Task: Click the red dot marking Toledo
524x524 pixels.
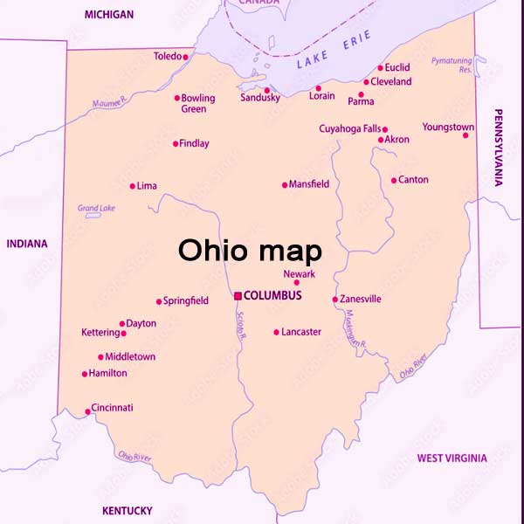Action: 185,57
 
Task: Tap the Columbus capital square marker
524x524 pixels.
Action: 238,296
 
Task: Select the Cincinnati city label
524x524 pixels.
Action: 114,408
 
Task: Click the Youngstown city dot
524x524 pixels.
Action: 466,134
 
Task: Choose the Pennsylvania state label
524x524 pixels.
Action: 499,148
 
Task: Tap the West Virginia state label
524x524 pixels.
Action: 452,458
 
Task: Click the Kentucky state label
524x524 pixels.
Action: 127,511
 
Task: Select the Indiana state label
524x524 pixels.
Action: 27,244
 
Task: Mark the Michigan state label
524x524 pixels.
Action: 109,15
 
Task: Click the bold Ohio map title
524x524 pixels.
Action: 250,251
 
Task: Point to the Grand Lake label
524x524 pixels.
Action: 96,208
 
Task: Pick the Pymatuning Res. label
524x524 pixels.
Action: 452,64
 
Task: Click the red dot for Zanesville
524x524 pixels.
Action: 335,300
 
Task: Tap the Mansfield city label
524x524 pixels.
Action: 309,184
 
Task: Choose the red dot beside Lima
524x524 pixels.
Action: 132,186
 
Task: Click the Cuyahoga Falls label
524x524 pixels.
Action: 349,129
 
